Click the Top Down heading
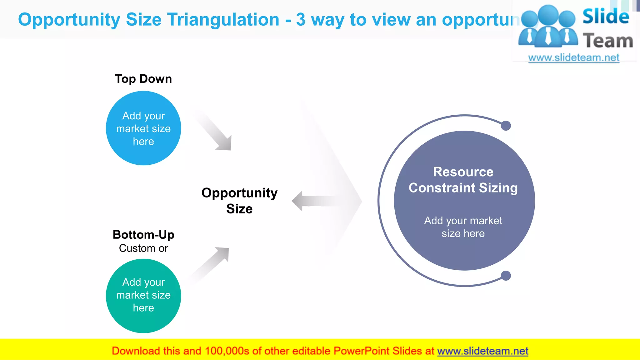coord(143,79)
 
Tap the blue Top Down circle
coord(143,128)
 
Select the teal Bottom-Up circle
coord(143,295)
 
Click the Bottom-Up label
coord(143,235)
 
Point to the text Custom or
coord(143,248)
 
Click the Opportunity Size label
coord(239,201)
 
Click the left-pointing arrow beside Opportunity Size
coord(312,201)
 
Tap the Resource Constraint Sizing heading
coord(463,180)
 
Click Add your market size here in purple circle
coord(463,227)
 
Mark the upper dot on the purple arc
coord(506,126)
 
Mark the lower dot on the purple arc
coord(506,276)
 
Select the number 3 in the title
coord(301,19)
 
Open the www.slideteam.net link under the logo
coord(574,58)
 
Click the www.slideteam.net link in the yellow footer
coord(482,351)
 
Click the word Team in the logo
coord(608,41)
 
